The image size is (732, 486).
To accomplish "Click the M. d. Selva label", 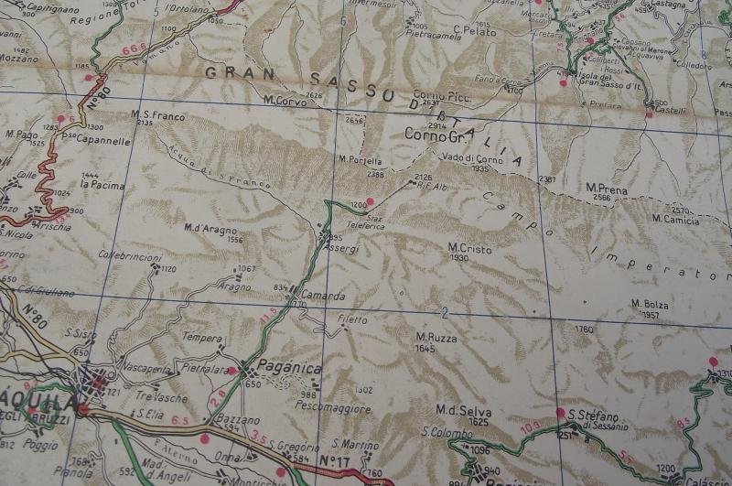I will point(457,409).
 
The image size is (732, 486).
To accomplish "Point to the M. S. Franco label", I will point(157,115).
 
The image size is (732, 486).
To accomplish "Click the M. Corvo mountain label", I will point(282,99).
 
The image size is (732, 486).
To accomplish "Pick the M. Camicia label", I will point(675,219).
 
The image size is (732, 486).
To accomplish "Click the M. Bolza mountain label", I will point(650,305).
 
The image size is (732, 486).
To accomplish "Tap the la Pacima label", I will point(102,184).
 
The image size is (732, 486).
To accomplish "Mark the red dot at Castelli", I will point(649,113).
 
